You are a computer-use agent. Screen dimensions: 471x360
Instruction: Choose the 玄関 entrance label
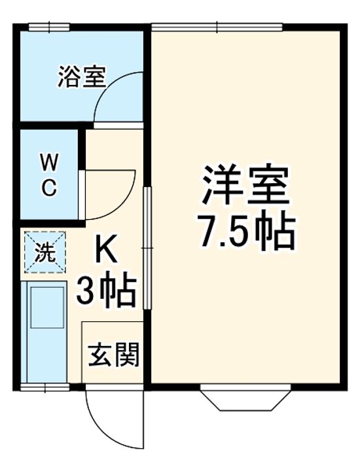click(113, 356)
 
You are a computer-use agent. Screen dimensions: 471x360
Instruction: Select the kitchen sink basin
click(48, 307)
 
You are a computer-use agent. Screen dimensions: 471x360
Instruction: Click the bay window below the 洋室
click(245, 398)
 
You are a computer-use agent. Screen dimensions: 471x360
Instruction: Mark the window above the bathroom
click(49, 27)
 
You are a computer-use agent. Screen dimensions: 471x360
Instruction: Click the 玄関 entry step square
click(113, 354)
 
